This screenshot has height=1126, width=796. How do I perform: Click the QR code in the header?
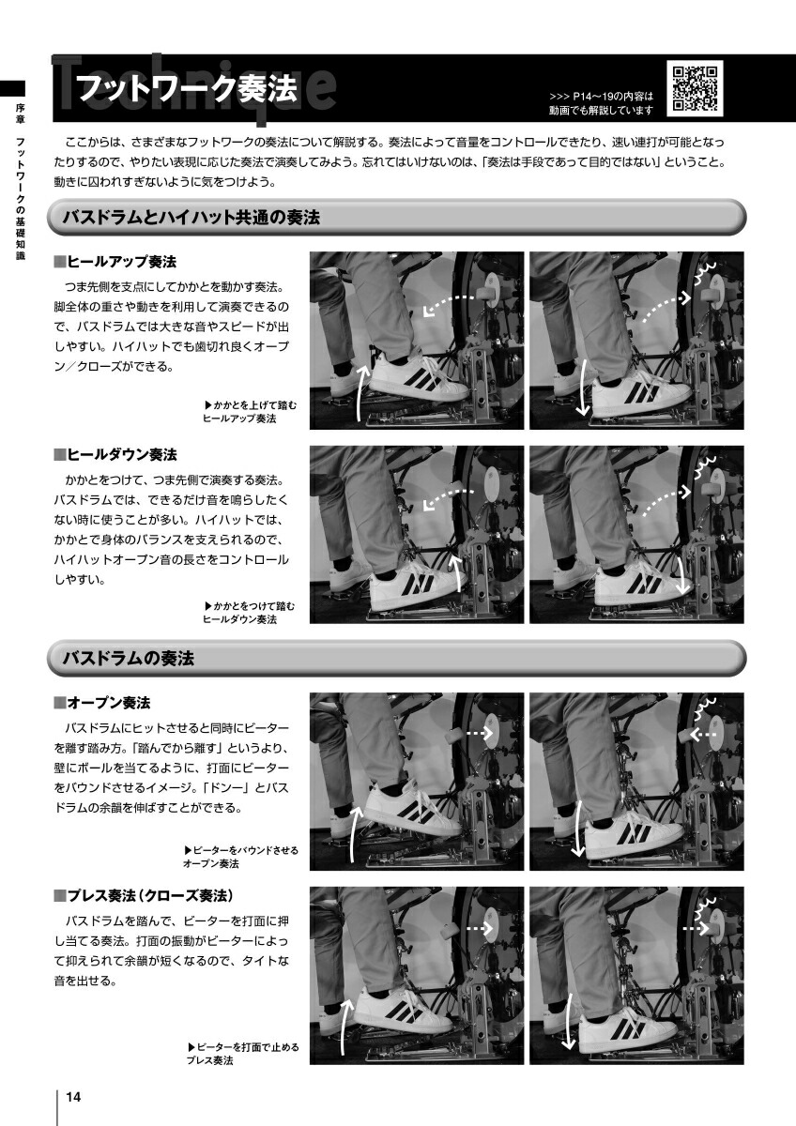tap(695, 89)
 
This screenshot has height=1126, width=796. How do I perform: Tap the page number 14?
tap(73, 1096)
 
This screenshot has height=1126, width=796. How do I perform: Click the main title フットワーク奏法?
tap(187, 88)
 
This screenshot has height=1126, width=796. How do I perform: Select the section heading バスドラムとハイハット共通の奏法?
tap(191, 217)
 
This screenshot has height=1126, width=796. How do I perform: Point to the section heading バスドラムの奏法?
tap(129, 658)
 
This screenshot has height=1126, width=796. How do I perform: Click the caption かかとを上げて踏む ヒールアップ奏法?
tap(250, 412)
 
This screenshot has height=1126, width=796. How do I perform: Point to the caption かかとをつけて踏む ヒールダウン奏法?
tap(249, 613)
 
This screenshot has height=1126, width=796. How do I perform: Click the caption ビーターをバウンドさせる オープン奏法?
tap(241, 857)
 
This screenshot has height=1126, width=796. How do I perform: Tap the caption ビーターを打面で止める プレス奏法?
tap(243, 1054)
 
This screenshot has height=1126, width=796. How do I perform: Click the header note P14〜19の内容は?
tap(602, 96)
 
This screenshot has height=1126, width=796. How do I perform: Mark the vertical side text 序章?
tap(20, 114)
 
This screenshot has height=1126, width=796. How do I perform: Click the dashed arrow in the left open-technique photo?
tap(480, 734)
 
